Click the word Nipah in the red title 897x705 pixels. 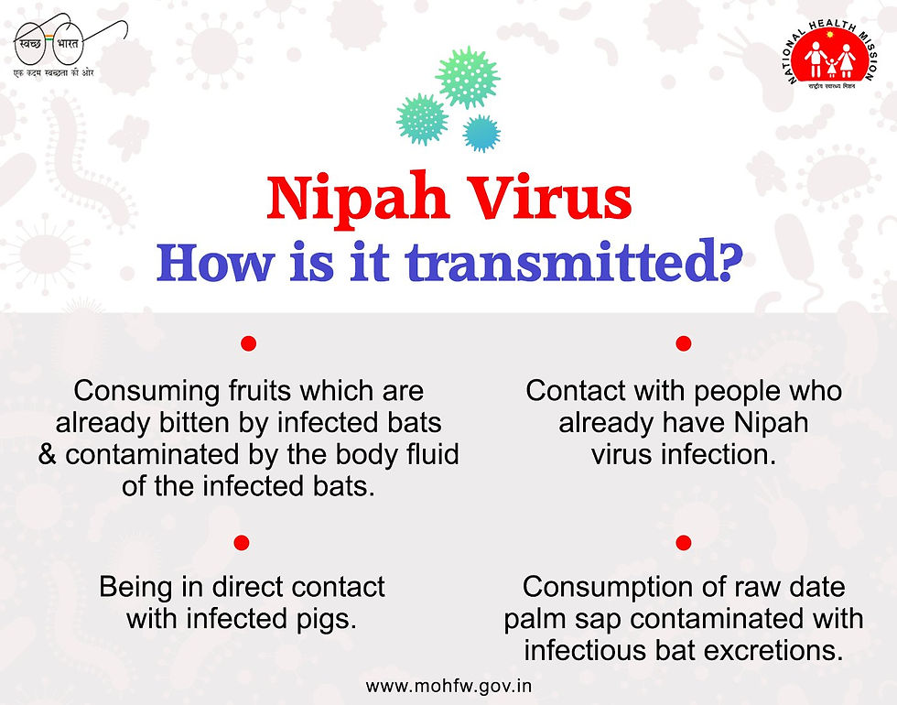pos(358,201)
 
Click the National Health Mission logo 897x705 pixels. pos(831,57)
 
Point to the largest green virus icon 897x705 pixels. pos(468,77)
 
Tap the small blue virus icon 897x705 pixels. pos(481,133)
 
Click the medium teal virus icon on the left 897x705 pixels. pos(422,119)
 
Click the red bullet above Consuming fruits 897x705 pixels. pos(248,343)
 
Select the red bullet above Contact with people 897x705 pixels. pos(683,343)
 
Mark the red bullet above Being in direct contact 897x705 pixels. pos(242,542)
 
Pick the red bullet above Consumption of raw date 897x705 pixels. pos(683,542)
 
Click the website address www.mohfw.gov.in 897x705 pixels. pos(448,686)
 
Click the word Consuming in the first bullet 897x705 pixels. pos(147,393)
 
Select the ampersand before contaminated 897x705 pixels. pos(48,455)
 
